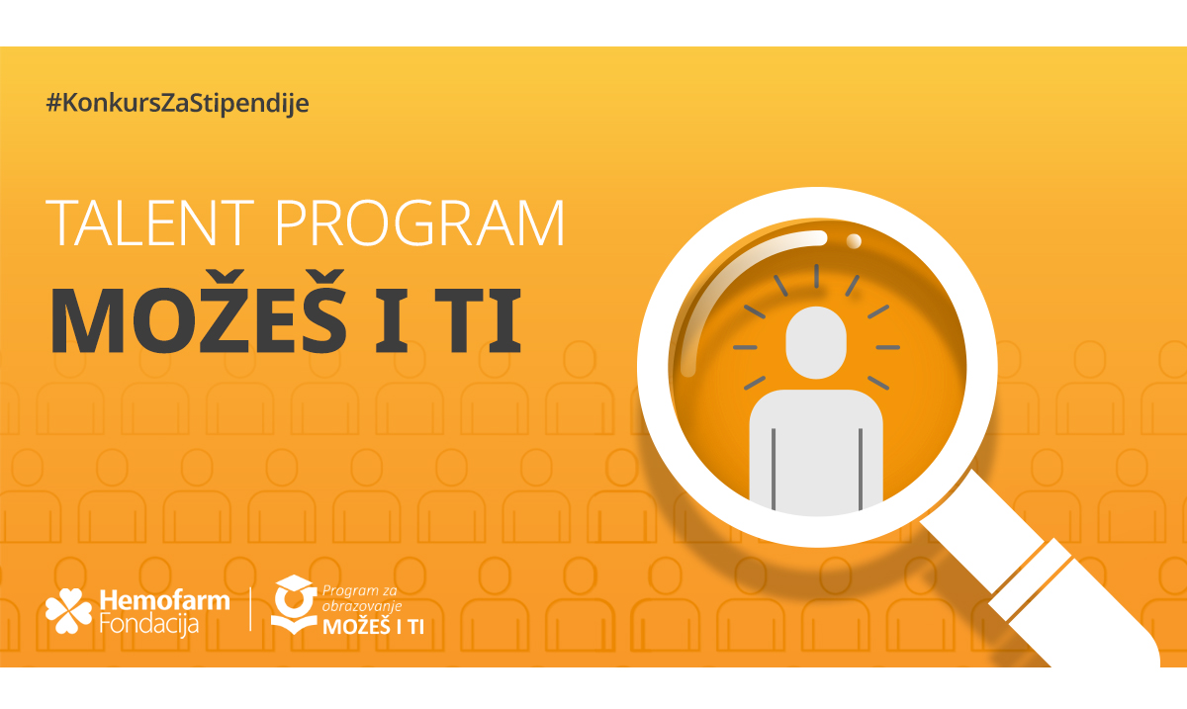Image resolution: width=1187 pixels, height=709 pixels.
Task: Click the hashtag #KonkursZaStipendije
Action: [x=177, y=104]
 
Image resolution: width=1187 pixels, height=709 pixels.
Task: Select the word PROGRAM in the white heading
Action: [x=419, y=223]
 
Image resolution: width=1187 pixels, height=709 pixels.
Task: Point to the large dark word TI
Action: [x=479, y=320]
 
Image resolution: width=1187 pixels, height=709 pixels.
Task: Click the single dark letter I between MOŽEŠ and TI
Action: [x=392, y=320]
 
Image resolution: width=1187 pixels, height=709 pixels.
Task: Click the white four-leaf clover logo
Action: [x=68, y=611]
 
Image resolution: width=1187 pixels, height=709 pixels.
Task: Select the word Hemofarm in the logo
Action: [x=165, y=601]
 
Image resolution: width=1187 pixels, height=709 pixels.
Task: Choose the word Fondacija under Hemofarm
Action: [x=149, y=624]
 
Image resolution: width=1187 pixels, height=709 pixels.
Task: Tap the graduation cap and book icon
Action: [x=294, y=604]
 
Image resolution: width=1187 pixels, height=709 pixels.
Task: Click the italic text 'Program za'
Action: [x=359, y=591]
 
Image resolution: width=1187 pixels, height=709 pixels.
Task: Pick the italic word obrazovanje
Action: [x=362, y=607]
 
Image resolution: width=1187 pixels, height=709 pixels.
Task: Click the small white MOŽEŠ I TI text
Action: [x=374, y=627]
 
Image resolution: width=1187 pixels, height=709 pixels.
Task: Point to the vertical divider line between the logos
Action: [x=250, y=609]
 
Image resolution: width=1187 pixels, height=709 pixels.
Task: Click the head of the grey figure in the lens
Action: [x=816, y=342]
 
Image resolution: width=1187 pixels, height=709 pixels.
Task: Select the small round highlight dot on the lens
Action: [x=853, y=241]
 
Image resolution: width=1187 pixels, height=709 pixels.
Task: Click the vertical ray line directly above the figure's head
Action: [x=817, y=276]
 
